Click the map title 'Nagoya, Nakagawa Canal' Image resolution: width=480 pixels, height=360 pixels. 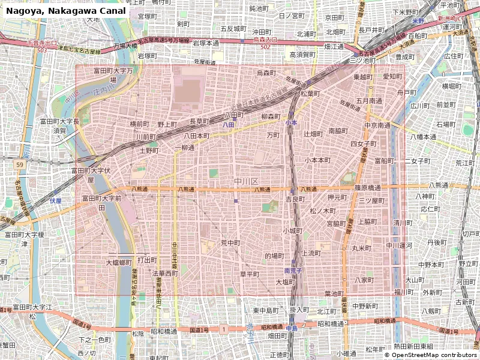66,11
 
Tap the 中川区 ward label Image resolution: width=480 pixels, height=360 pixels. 246,181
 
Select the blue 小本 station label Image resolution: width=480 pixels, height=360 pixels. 291,122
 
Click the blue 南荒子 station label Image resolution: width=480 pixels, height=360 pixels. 292,271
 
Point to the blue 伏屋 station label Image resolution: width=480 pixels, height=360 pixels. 56,200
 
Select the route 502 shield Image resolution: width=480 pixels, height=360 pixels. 266,46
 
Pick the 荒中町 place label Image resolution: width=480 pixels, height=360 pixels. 230,243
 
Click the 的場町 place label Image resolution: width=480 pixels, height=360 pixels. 274,256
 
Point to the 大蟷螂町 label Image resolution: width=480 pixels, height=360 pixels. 119,262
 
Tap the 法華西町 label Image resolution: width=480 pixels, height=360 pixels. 165,273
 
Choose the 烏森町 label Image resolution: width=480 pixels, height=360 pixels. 266,73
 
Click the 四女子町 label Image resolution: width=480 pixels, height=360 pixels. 362,144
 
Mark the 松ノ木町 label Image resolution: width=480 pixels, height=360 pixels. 322,211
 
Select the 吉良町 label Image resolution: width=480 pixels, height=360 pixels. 295,199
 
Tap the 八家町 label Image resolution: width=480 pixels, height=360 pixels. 364,280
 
